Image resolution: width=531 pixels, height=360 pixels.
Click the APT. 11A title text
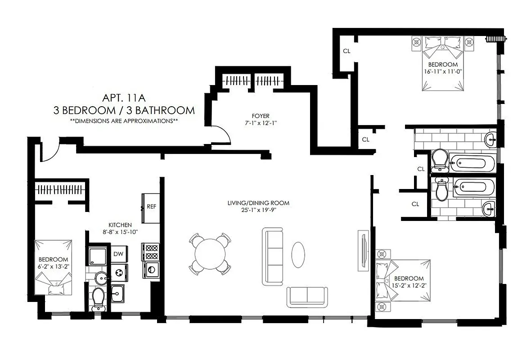(x=124, y=97)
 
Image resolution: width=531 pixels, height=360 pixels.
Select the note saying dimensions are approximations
(x=124, y=121)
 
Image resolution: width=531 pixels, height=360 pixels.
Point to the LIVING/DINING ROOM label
(x=258, y=203)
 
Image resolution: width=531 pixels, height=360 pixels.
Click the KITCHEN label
(x=120, y=225)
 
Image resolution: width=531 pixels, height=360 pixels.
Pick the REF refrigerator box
(x=151, y=207)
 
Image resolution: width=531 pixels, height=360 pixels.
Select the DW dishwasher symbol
(x=118, y=254)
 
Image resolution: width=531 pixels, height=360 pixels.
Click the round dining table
(x=210, y=254)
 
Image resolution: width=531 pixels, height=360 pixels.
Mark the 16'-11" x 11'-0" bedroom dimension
(x=443, y=71)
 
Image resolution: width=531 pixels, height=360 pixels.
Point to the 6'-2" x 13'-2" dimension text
(x=53, y=266)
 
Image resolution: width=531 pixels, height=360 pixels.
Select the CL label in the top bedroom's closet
(x=346, y=51)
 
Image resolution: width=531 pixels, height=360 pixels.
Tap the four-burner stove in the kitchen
(x=150, y=252)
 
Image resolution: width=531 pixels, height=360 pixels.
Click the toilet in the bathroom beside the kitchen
(x=98, y=298)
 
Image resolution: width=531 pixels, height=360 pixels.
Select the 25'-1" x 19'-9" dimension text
(x=258, y=210)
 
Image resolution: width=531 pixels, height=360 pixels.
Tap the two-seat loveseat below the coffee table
(x=307, y=297)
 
